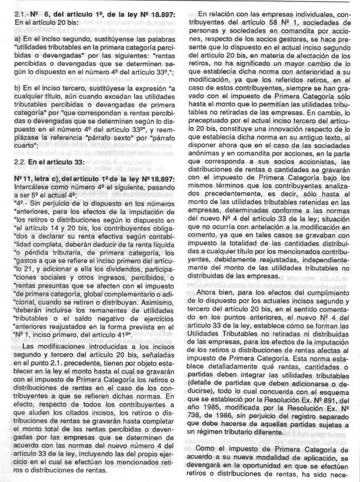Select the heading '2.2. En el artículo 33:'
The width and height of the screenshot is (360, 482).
pyautogui.click(x=51, y=178)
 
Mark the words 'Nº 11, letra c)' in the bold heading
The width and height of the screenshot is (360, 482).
pyautogui.click(x=37, y=194)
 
